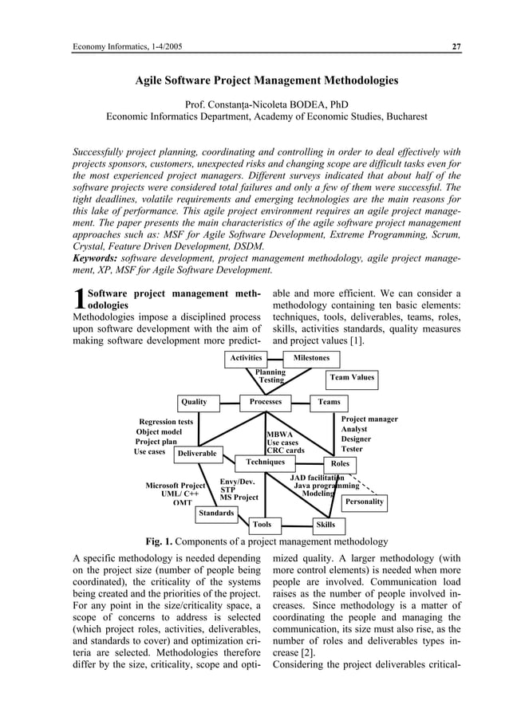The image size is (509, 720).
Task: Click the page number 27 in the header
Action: point(456,46)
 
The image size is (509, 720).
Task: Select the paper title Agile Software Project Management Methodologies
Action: point(266,81)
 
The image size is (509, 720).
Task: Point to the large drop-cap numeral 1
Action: point(78,298)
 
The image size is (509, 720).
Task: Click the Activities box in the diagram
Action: point(247,358)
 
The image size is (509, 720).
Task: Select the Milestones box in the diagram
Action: point(311,358)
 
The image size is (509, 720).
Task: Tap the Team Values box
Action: point(352,377)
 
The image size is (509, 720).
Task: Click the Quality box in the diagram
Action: point(194,402)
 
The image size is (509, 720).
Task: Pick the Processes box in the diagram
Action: point(266,402)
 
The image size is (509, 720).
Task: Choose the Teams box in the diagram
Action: point(329,402)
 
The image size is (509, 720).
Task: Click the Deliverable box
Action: point(197,453)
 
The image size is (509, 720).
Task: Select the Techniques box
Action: point(266,462)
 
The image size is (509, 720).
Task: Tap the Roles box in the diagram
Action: point(340,463)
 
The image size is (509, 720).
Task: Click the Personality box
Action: point(364,502)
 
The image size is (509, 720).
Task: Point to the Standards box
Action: point(216,513)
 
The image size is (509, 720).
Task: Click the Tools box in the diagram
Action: point(262,525)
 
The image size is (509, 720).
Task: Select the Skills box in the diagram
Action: point(326,525)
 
